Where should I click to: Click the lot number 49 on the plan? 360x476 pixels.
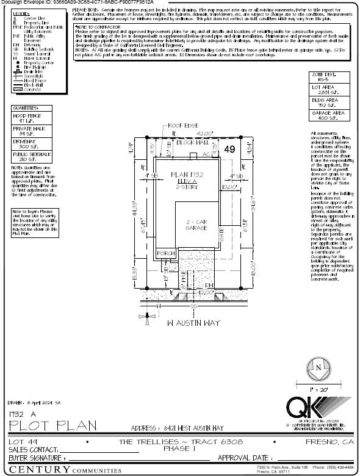click(x=230, y=149)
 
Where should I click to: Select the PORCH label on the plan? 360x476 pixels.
click(x=167, y=253)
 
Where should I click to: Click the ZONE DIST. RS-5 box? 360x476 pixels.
click(x=330, y=77)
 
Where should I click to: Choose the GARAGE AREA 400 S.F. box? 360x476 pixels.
click(x=330, y=115)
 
